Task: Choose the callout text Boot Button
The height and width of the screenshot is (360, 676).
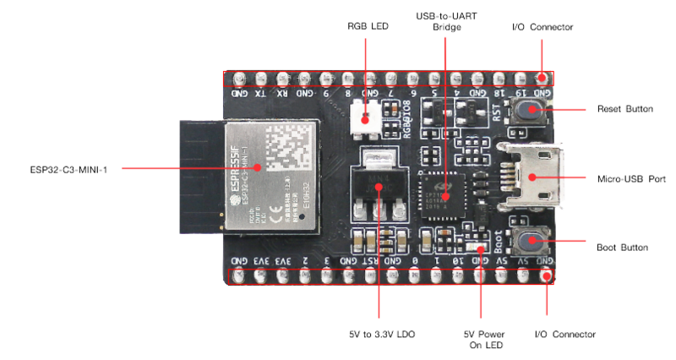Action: (623, 248)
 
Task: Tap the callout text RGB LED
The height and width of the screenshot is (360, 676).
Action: (367, 27)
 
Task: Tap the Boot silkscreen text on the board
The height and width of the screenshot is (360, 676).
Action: (499, 243)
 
